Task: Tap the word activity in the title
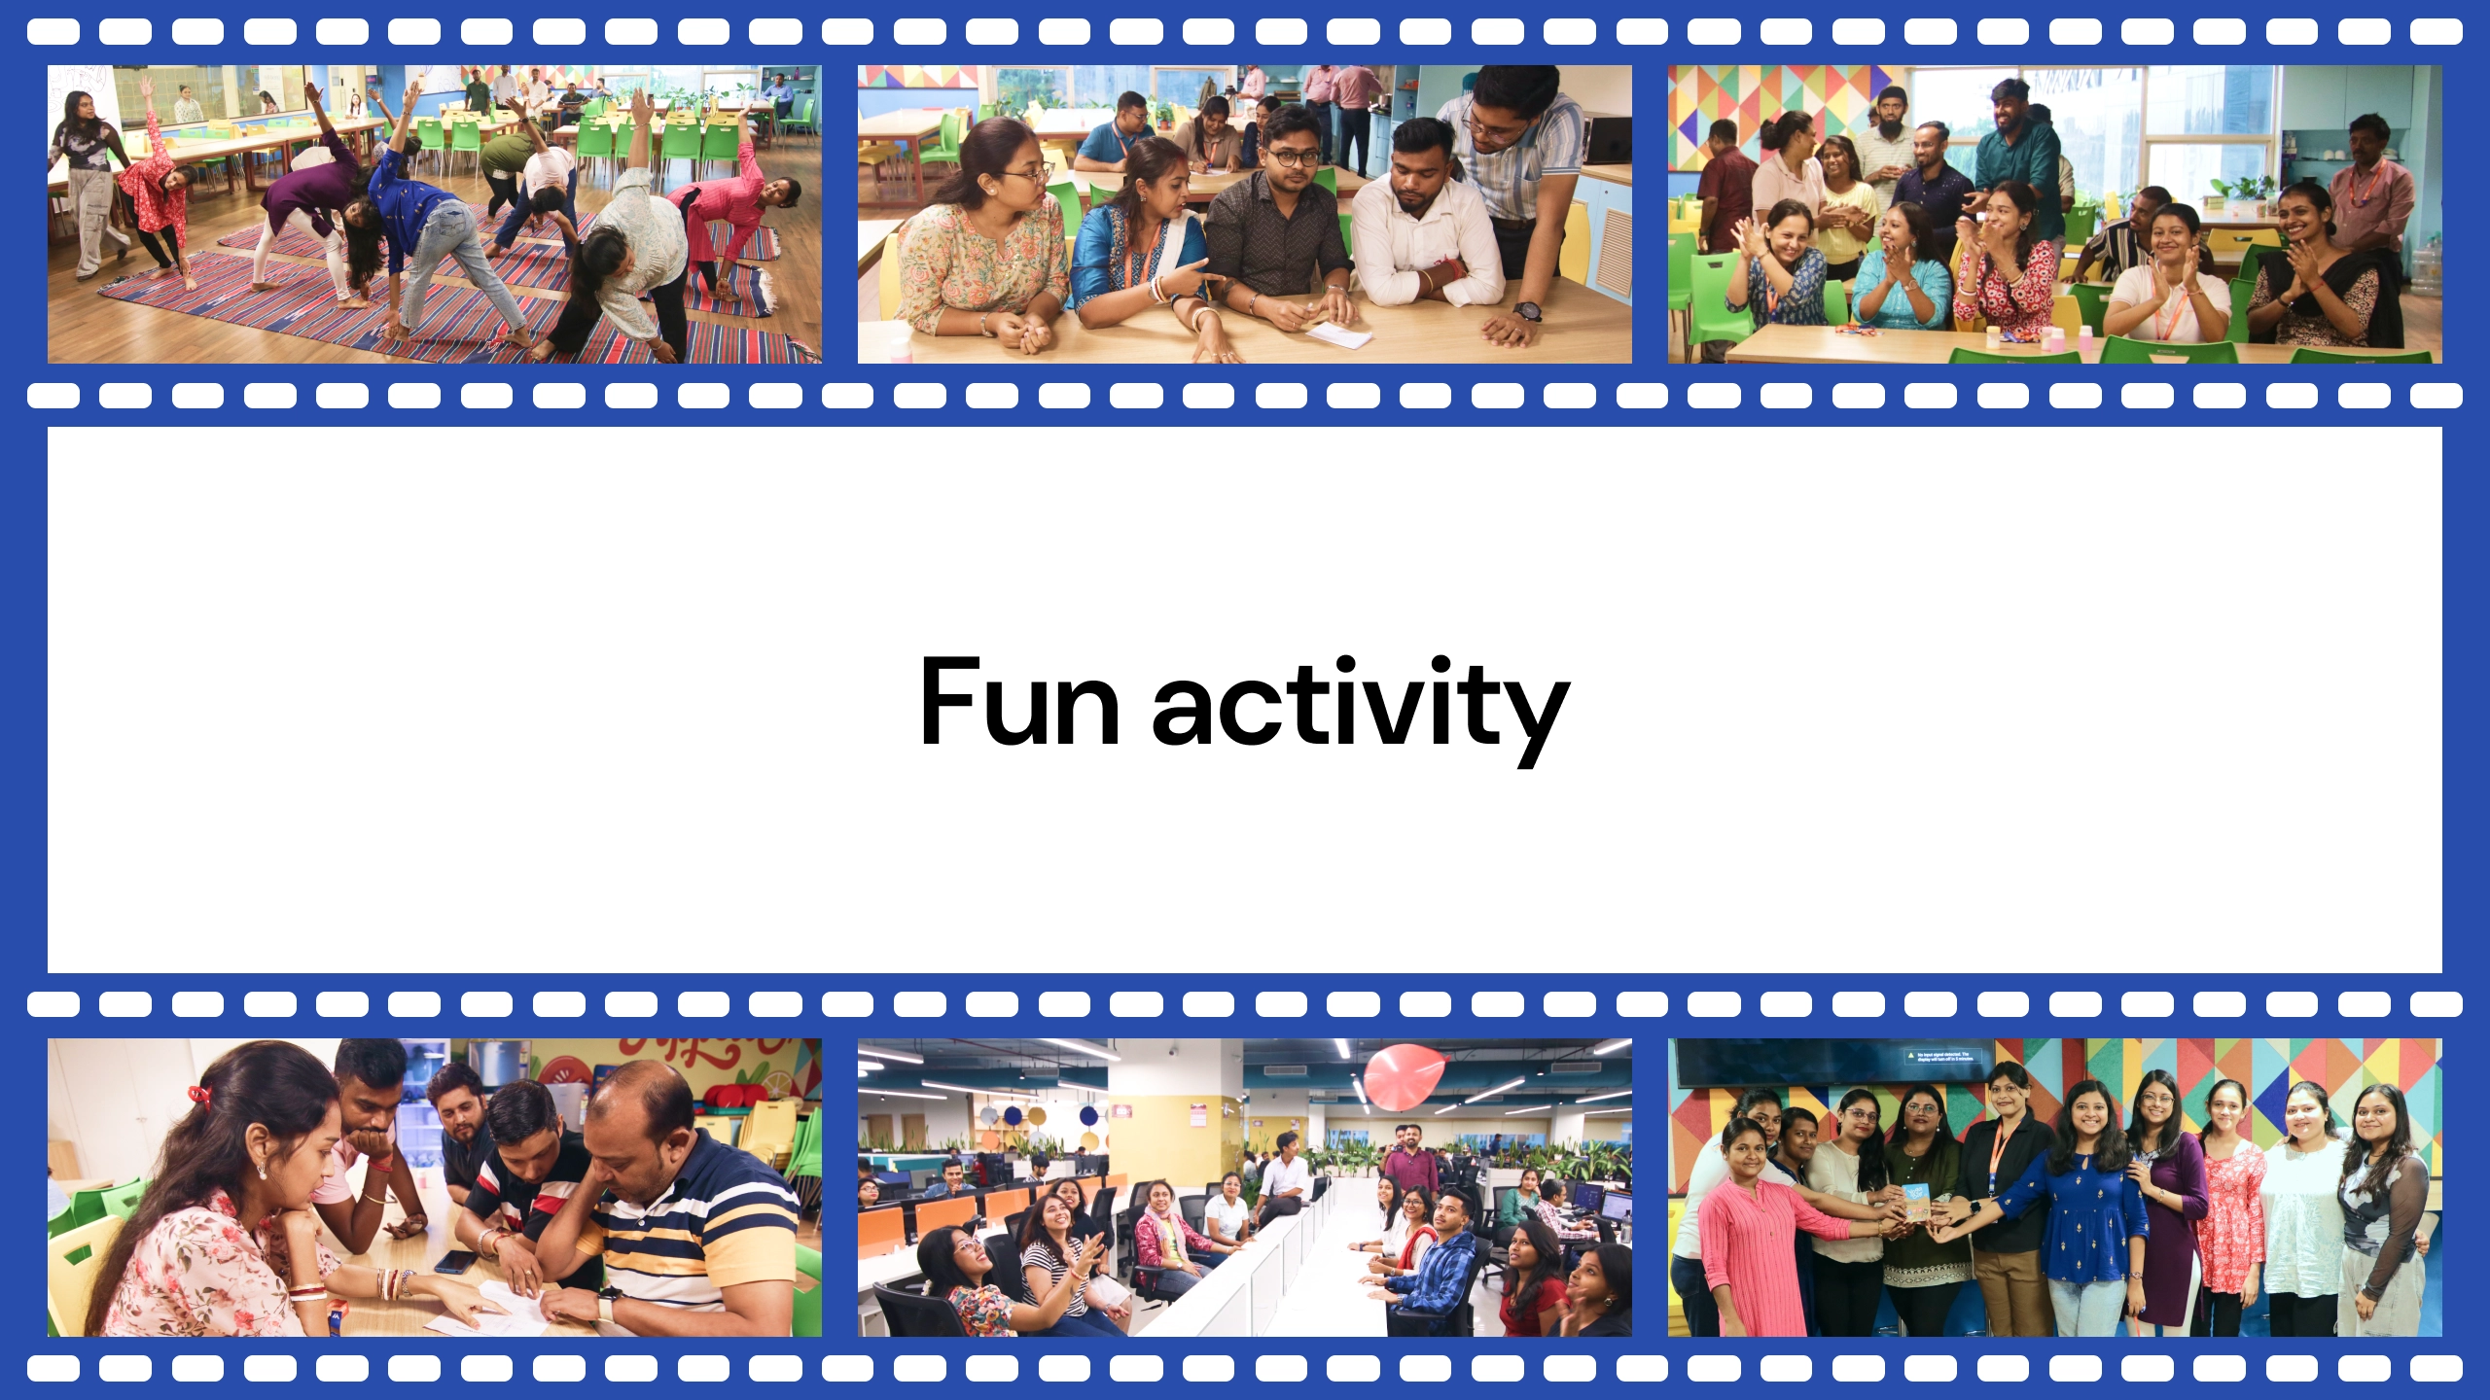coord(1361,710)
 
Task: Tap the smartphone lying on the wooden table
coord(455,1261)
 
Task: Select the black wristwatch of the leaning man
coord(1527,311)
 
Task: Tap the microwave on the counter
coord(1607,139)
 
